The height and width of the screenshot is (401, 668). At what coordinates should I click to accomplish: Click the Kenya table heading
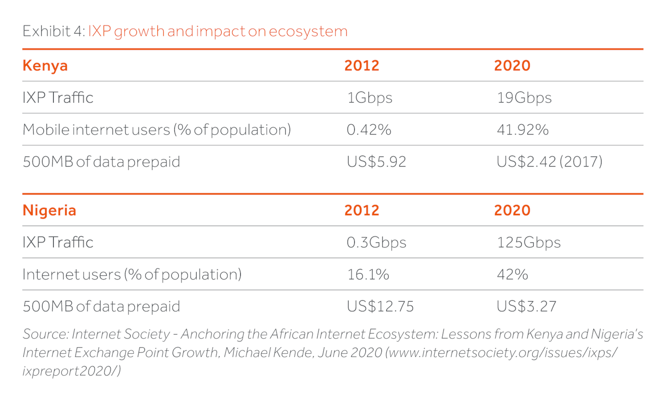pos(45,66)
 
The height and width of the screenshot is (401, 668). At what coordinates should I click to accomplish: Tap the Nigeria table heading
pos(49,210)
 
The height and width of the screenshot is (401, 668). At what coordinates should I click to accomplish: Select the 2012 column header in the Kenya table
pos(362,66)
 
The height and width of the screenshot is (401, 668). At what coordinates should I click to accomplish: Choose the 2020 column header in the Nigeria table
pos(512,210)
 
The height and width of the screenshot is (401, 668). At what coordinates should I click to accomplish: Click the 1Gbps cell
pos(369,98)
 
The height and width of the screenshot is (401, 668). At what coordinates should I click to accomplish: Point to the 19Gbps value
pos(524,98)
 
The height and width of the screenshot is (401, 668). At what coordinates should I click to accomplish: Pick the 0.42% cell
pos(369,130)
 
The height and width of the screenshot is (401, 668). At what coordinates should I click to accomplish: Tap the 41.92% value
pos(522,130)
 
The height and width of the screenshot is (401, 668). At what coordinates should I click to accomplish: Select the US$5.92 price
pos(376,162)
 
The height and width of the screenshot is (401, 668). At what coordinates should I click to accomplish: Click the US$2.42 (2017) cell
pos(549,162)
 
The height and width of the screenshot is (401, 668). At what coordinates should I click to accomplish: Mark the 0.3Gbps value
pos(376,242)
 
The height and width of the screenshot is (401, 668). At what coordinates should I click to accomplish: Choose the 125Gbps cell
pos(529,242)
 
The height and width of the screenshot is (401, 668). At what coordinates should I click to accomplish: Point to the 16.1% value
pos(368,275)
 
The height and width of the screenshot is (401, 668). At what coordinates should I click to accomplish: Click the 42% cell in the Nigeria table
pos(512,275)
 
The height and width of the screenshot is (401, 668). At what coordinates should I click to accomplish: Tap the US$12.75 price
pos(380,307)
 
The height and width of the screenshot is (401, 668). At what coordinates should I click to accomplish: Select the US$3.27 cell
pos(526,307)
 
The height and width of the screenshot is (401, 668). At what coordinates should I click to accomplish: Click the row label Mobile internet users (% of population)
pos(157,130)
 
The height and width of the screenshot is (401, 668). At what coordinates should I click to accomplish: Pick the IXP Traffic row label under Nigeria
pos(58,242)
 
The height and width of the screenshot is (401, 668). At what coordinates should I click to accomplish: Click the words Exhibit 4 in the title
pos(53,31)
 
